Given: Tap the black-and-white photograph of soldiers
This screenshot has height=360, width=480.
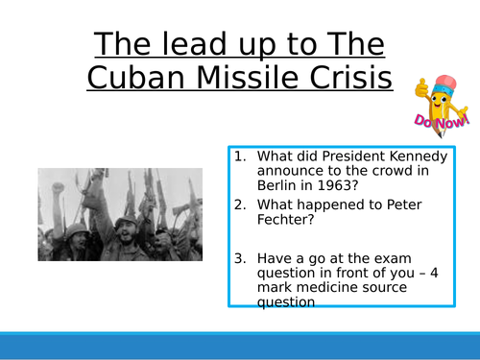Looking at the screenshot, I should [120, 214].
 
